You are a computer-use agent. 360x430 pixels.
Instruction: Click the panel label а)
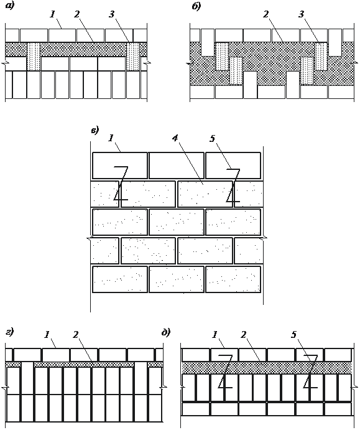click(9, 6)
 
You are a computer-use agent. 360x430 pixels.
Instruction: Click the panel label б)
click(196, 7)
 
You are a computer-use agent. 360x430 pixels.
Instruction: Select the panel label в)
click(95, 131)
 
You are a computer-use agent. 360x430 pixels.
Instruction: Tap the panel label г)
click(10, 333)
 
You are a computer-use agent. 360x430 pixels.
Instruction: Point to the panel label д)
click(166, 332)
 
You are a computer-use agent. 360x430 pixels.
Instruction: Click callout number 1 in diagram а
click(53, 14)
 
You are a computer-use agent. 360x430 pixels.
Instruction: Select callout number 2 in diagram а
click(76, 14)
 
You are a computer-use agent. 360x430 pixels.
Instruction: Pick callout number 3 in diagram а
click(111, 14)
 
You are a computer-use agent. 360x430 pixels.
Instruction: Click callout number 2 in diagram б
click(265, 14)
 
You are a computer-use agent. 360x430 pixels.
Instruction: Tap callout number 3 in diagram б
click(301, 14)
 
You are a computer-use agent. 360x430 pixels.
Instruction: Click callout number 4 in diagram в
click(175, 139)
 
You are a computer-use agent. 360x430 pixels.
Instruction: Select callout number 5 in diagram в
click(212, 139)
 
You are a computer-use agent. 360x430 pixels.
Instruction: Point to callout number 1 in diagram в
click(111, 139)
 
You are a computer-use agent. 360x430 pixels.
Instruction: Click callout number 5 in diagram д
click(293, 335)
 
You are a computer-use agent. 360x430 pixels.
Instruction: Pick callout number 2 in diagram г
click(76, 335)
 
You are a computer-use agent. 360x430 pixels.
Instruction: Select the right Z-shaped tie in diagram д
click(310, 372)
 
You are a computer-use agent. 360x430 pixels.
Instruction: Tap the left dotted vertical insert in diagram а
click(34, 57)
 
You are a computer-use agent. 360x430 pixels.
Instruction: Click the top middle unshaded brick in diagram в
click(177, 166)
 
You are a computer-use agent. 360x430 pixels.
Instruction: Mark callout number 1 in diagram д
click(215, 335)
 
